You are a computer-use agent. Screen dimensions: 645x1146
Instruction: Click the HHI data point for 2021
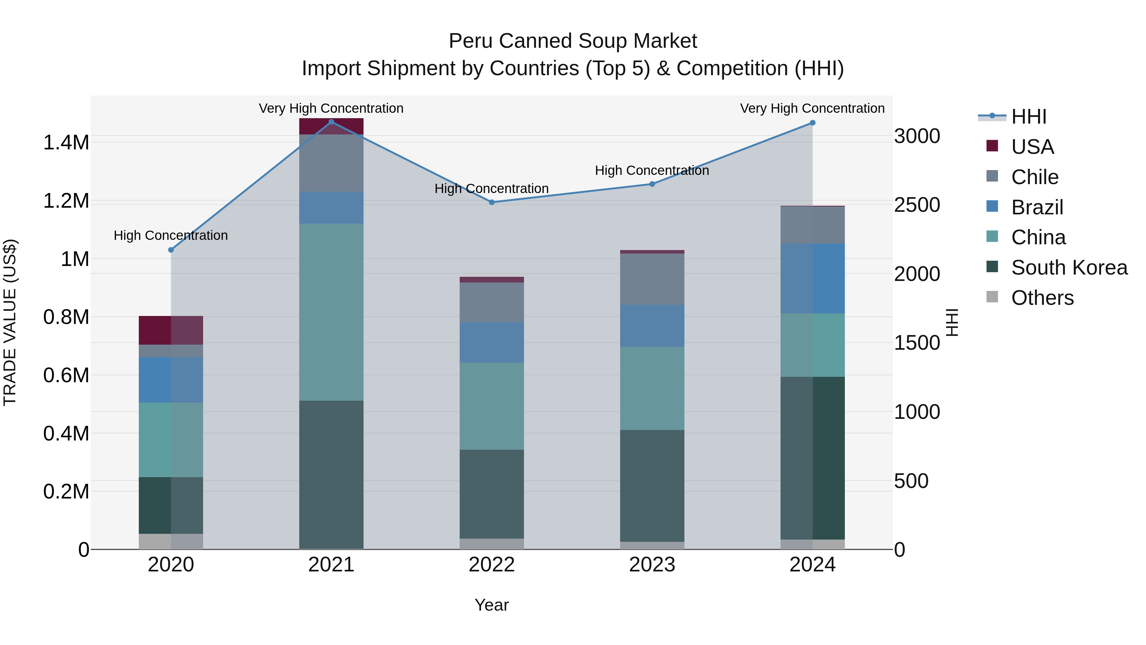(331, 122)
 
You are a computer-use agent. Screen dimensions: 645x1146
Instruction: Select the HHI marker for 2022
(492, 202)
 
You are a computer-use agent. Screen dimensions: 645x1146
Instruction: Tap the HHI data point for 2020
(171, 250)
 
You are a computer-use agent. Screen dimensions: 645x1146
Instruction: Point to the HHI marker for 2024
(812, 123)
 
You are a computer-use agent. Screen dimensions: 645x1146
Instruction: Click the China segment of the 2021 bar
(331, 312)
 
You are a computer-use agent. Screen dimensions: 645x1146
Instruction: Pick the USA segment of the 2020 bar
(171, 330)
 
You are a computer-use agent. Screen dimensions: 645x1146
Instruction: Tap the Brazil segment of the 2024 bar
(812, 278)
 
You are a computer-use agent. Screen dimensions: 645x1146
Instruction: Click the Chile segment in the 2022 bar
(492, 302)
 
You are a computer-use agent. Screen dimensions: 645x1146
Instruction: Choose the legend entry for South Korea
(1069, 268)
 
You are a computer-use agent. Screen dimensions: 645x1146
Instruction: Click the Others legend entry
(1042, 298)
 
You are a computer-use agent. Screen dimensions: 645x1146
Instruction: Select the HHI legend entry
(1029, 117)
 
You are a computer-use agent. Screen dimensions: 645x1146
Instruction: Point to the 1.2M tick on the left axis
(66, 201)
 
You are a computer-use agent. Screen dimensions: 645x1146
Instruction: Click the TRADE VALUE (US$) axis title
(10, 322)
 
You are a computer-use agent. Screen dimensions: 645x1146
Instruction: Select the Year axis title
(492, 605)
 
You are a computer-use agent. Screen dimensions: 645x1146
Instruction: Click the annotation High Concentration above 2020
(171, 235)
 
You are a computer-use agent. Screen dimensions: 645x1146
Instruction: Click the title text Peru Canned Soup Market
(573, 41)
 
